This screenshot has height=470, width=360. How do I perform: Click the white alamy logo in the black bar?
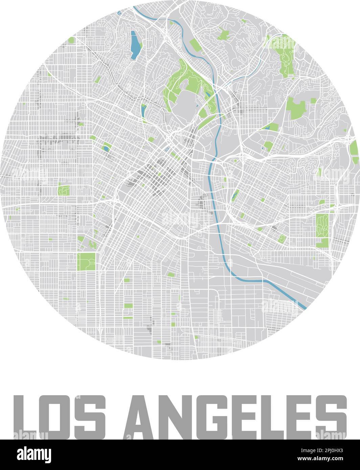pos(34,455)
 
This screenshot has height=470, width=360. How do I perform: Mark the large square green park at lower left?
pos(86,261)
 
